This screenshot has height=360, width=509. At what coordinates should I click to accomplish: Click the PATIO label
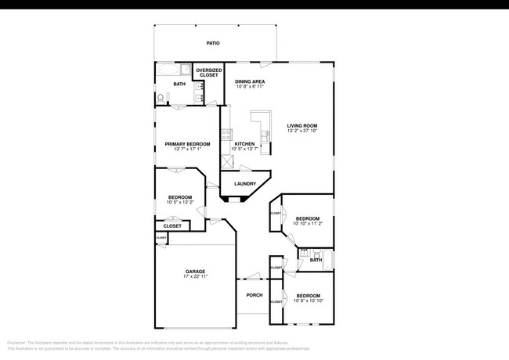point(212,44)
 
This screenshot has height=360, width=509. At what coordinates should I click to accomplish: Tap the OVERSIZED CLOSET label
point(208,72)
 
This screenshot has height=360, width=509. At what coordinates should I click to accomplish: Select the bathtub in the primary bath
point(171,70)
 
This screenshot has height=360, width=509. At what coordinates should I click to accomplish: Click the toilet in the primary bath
point(161,99)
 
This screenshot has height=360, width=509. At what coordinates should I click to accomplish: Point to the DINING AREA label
point(250,81)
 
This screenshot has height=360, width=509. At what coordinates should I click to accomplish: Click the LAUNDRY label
point(245,184)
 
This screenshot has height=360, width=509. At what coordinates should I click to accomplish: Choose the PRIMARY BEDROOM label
point(187,144)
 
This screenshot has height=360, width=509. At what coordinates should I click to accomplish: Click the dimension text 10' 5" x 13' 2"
point(179,202)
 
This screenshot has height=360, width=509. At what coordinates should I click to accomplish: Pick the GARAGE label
point(195,272)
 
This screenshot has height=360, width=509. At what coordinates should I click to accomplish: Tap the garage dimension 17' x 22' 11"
point(195,277)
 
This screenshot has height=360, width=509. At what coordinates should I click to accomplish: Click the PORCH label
point(254,295)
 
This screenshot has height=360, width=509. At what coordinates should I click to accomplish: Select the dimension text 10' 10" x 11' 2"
point(307,223)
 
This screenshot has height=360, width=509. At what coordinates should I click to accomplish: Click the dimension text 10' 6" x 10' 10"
point(307,301)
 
